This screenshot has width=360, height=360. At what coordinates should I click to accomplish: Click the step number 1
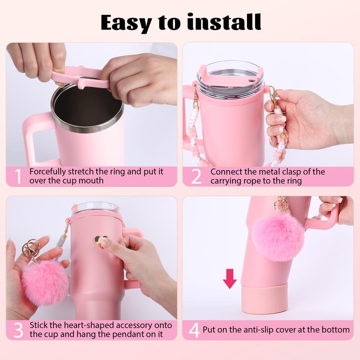tap(18, 176)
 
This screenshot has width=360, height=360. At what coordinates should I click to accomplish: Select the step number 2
tap(197, 176)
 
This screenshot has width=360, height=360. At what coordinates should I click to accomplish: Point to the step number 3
tap(18, 330)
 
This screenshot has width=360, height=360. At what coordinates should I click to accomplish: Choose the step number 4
tap(194, 330)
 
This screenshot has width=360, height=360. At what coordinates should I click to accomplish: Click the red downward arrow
tap(229, 279)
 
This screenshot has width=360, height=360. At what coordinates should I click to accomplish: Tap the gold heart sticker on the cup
tap(101, 241)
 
